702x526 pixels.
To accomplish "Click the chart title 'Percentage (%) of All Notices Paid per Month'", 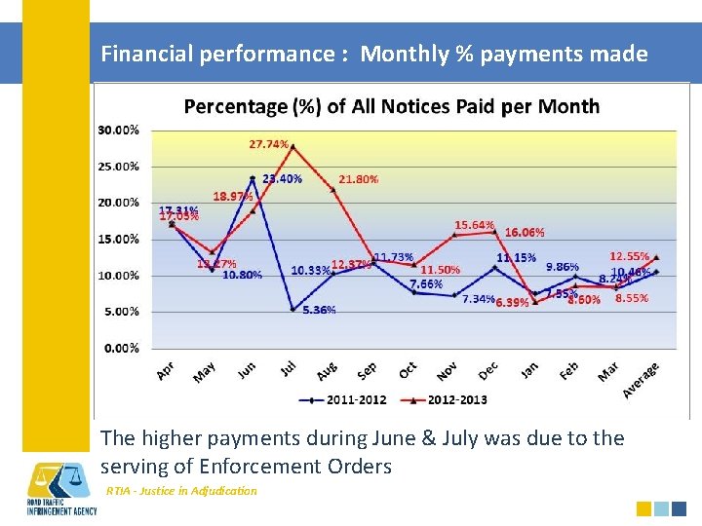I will click(x=392, y=106).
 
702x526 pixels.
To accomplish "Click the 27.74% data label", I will click(x=269, y=144).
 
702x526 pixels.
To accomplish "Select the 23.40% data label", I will click(x=282, y=179).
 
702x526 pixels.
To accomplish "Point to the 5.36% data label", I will click(x=319, y=310).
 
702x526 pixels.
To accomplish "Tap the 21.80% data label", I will click(x=359, y=179).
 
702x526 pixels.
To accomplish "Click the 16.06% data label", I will click(x=525, y=233).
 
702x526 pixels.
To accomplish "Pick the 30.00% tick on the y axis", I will click(x=118, y=130).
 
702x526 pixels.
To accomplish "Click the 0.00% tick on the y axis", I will click(x=121, y=348).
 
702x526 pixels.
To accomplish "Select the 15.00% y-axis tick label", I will click(x=118, y=239).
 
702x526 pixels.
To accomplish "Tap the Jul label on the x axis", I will click(x=289, y=369).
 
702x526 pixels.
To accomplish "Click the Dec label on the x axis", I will click(x=488, y=370).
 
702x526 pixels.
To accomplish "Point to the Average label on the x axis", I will click(x=642, y=379).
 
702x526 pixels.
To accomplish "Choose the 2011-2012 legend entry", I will click(x=350, y=399).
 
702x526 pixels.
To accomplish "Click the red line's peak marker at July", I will click(x=292, y=146).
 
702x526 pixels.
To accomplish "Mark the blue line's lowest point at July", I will click(x=292, y=309).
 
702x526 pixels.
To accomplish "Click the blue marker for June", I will click(x=253, y=178).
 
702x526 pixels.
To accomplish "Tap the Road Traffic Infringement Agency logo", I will click(x=61, y=488).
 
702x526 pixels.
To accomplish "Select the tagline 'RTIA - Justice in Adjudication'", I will click(x=181, y=491).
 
